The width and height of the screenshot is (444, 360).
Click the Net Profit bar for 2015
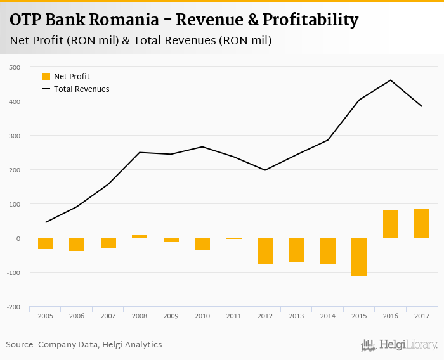359,257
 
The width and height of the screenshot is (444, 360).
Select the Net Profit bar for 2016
390,224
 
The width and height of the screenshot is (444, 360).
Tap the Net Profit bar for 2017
422,224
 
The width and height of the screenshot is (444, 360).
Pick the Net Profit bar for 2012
265,251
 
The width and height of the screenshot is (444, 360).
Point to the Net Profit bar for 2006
77,245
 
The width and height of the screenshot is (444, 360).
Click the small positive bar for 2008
140,236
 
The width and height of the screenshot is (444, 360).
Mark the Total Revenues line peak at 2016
390,80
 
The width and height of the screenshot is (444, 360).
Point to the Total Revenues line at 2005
46,222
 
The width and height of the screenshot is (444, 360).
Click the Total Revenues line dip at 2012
265,170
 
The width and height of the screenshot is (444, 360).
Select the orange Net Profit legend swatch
46,77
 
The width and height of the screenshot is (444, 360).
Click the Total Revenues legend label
81,89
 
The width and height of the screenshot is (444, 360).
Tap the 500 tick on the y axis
15,67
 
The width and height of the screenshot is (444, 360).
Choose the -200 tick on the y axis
13,307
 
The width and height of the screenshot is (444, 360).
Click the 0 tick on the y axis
18,238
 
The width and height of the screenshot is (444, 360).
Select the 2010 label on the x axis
202,316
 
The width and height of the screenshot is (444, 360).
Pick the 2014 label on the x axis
328,316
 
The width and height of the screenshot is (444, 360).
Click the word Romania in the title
134,20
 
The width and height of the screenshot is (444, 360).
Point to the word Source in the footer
20,345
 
